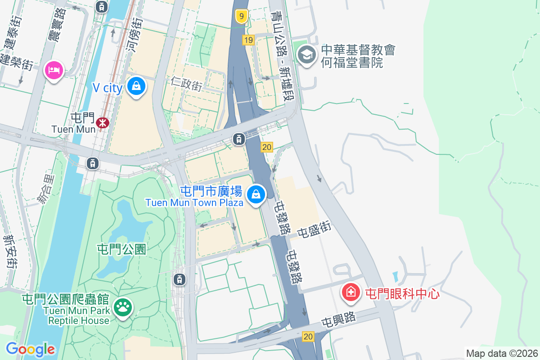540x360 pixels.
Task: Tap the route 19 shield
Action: (x=248, y=40)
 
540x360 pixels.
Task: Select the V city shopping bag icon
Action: (x=136, y=86)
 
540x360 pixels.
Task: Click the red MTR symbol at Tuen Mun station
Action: (x=103, y=122)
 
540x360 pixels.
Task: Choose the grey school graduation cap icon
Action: (x=307, y=55)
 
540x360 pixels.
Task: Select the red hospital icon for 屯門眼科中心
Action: (x=351, y=292)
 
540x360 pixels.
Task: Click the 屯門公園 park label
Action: (x=122, y=249)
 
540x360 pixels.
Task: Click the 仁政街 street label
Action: (x=186, y=83)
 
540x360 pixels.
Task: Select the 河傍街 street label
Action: (x=135, y=34)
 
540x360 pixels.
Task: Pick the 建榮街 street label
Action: (x=17, y=61)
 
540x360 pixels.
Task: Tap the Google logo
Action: (x=30, y=349)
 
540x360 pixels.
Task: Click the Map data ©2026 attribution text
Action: (x=502, y=353)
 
